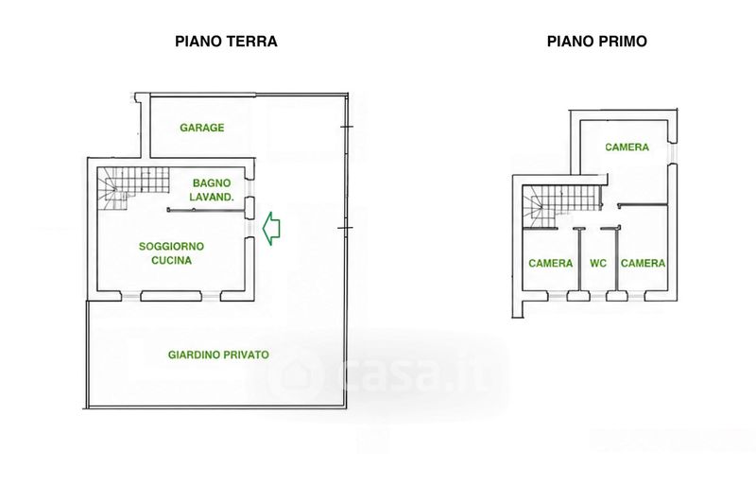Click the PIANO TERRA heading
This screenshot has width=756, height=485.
click(226, 42)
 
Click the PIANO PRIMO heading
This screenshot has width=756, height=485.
click(597, 42)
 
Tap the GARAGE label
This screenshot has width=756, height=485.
click(202, 128)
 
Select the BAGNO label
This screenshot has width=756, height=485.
click(212, 183)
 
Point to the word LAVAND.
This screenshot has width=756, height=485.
click(212, 197)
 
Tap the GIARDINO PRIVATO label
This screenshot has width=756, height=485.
click(218, 355)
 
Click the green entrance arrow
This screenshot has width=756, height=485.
click(271, 228)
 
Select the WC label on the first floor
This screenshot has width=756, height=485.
click(598, 264)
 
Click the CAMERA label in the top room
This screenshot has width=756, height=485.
click(627, 147)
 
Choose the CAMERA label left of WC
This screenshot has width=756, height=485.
click(551, 264)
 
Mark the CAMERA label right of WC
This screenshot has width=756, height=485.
click(643, 264)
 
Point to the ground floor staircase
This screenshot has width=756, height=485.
click(133, 188)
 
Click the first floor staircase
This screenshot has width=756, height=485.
click(562, 205)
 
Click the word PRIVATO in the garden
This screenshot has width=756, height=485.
click(245, 355)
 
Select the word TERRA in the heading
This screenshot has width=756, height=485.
click(254, 42)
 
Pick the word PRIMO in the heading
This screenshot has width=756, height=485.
click(622, 42)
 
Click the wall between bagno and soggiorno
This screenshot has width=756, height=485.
click(204, 210)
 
